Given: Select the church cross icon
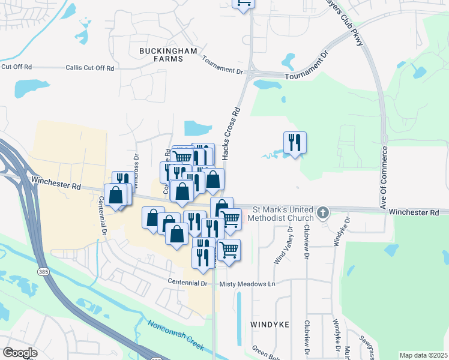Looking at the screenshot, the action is point(323,212).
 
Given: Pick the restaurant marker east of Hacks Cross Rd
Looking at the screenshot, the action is point(295,143).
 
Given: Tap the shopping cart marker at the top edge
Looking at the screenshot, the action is point(244,3).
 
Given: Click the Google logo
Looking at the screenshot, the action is point(20,353).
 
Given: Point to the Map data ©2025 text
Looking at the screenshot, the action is point(423,355).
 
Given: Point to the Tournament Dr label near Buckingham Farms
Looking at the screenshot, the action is point(222,65).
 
